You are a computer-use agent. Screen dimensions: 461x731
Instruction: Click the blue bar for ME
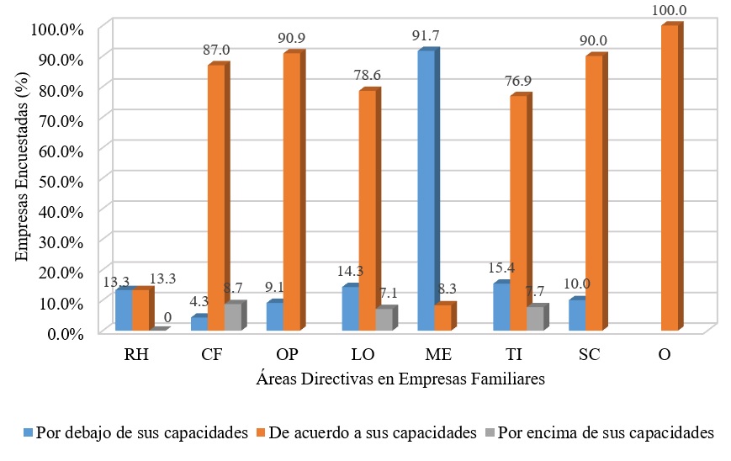pyautogui.click(x=425, y=191)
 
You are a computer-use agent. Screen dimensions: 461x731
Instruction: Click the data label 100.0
pyautogui.click(x=670, y=9)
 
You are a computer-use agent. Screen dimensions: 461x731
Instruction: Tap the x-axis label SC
pyautogui.click(x=590, y=355)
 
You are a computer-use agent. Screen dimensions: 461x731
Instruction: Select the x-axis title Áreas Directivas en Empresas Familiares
pyautogui.click(x=400, y=379)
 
